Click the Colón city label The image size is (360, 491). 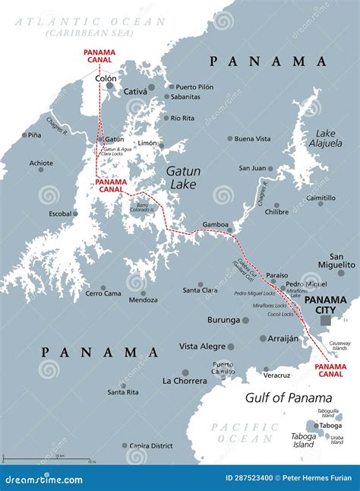106,78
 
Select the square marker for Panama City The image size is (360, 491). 325,322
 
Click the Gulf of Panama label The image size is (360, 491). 289,398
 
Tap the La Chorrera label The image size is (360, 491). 184,380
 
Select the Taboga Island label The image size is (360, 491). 304,441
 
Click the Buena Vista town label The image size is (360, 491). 252,139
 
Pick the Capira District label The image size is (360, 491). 152,446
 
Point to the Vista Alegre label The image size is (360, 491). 201,346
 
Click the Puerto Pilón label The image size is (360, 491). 196,87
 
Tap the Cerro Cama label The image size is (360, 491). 103,293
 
